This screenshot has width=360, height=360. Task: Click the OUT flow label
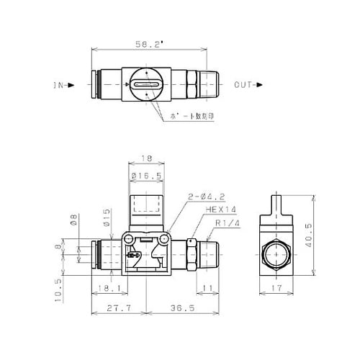(244, 86)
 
